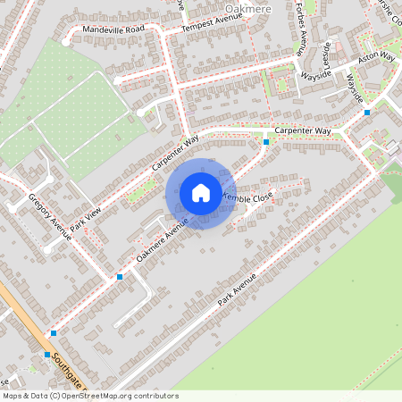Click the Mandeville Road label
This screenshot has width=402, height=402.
click(x=113, y=29)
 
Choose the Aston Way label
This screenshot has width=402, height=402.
click(x=376, y=56)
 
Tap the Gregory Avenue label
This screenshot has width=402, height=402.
click(x=49, y=218)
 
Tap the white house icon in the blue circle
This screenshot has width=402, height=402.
click(x=200, y=193)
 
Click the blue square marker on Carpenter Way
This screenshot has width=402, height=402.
click(x=266, y=141)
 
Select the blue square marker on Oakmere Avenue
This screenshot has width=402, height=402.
click(x=120, y=277)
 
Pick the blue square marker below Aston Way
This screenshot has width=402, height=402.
click(x=367, y=113)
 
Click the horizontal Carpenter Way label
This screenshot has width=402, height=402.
click(x=303, y=131)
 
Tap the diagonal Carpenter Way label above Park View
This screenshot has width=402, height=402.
click(x=174, y=154)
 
